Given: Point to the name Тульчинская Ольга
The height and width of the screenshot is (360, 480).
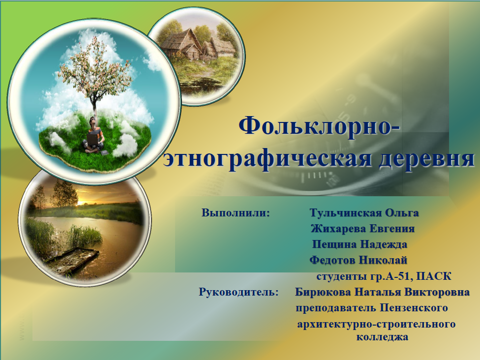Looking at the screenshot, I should coord(364,213).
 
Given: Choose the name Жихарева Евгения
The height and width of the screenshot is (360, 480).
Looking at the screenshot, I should coord(363,229).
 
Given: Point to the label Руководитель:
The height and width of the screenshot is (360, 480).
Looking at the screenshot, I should coord(239,292).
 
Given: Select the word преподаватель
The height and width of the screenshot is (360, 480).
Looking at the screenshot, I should coord(337,308).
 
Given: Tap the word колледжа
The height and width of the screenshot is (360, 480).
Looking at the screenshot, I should coord(382,338).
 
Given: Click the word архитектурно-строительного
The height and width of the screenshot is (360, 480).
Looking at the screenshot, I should coord(376,325).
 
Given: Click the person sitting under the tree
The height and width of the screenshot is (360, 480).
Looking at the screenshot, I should coord(94,135).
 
